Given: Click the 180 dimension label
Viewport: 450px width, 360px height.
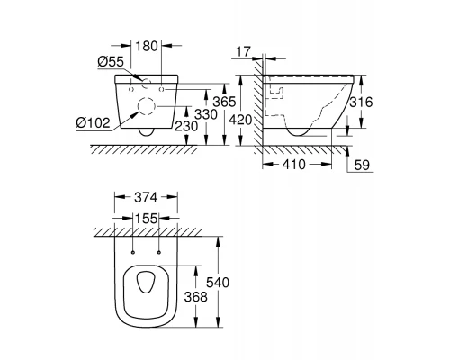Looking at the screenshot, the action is click(x=147, y=46).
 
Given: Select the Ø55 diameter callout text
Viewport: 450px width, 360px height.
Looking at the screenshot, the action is click(x=111, y=62).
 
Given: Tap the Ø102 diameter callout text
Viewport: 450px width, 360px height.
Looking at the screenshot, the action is click(x=93, y=122).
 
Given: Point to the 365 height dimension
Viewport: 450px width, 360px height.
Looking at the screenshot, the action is click(x=224, y=102).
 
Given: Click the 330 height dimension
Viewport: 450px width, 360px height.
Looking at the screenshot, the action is click(x=206, y=114).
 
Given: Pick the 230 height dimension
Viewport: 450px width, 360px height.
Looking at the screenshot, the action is click(x=186, y=126).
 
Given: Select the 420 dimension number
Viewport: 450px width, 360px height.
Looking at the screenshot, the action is click(x=240, y=121).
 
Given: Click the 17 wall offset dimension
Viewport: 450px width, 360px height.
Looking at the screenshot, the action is click(x=243, y=52).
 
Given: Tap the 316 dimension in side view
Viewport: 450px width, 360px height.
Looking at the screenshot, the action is click(x=361, y=103).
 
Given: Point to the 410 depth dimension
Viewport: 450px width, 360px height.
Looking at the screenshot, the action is click(x=294, y=165).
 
